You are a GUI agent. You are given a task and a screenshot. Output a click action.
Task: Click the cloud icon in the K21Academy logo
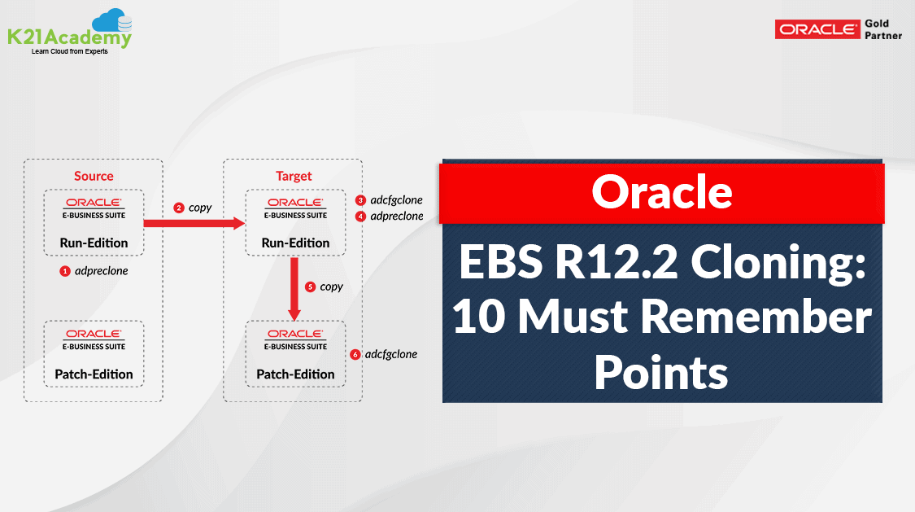[111, 22]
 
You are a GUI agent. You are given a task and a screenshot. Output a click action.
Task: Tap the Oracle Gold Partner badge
[839, 29]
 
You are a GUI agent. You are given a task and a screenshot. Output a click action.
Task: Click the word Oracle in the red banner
[661, 192]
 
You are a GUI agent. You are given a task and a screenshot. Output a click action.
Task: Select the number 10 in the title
[481, 317]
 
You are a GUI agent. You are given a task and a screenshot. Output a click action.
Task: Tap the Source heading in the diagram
[94, 176]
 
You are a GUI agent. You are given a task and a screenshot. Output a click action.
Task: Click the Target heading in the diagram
[294, 176]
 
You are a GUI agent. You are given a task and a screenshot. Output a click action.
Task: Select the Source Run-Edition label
[94, 243]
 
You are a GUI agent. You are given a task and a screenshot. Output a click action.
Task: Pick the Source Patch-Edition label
[94, 374]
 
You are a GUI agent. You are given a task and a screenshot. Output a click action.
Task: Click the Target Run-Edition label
[295, 243]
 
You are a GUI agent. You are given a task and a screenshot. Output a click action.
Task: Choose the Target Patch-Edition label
[295, 374]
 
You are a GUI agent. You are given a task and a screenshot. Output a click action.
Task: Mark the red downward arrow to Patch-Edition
[295, 289]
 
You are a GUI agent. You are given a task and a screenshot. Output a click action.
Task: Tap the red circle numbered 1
[65, 271]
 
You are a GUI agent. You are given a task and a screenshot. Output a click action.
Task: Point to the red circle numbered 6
[355, 355]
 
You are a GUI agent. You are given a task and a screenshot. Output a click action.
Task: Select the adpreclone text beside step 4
[397, 217]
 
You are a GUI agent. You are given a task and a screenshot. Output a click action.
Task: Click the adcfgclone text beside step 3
[396, 200]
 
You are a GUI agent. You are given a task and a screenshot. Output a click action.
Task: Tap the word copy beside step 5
[332, 287]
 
